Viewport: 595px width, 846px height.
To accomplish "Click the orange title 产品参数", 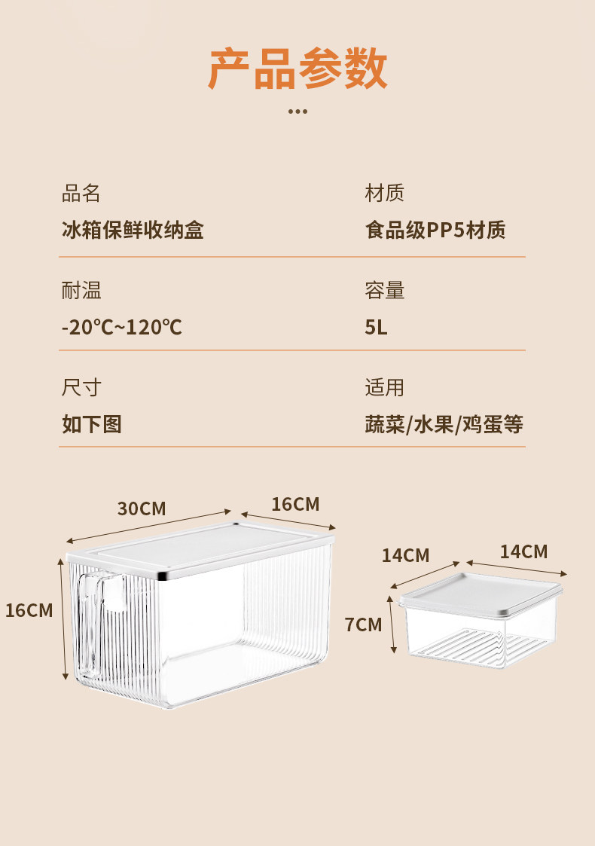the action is tap(297, 69).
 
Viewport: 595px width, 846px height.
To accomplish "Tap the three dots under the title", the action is tap(297, 111).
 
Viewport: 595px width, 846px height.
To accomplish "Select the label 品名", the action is tap(81, 193).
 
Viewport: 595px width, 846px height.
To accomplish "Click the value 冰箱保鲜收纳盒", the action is tap(133, 230).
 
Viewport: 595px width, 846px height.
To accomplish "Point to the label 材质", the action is tap(385, 193).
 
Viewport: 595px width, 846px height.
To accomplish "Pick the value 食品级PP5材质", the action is tap(435, 230).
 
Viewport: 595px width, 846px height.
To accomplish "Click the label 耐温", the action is tap(81, 290).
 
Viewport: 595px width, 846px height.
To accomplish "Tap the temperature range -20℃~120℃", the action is tap(121, 328).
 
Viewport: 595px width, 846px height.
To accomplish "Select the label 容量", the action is tap(385, 290).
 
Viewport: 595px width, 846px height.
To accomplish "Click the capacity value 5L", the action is tap(376, 328).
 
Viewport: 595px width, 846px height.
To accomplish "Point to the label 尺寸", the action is tap(81, 388).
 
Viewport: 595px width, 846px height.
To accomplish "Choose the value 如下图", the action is tap(91, 424).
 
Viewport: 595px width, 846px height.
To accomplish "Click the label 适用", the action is tap(385, 388).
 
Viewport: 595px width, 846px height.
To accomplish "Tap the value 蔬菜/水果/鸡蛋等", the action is tap(444, 424).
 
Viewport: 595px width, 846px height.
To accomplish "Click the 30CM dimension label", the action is tap(142, 509).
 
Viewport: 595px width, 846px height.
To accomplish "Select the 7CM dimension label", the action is tap(363, 625).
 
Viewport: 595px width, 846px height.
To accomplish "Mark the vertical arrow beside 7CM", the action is tap(392, 625).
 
